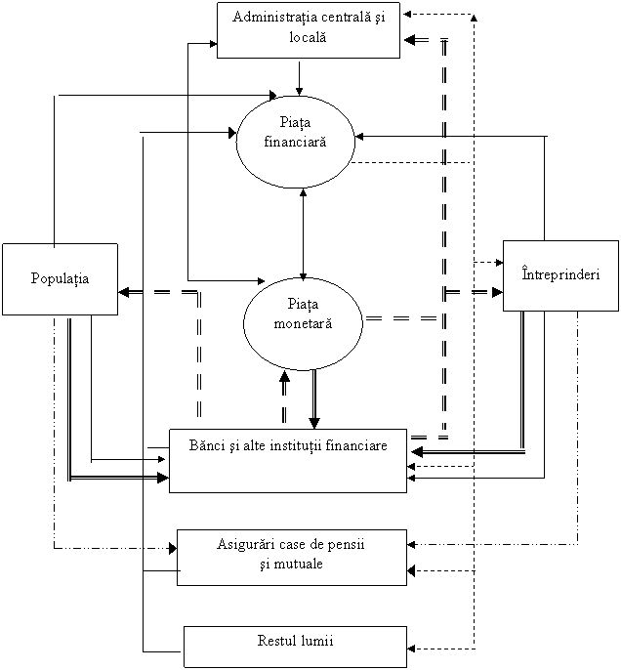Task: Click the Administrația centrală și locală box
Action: [x=309, y=29]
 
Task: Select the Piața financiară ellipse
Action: [x=295, y=142]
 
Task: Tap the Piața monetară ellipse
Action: [x=303, y=322]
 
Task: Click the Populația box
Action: [x=60, y=279]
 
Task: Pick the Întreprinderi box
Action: [x=560, y=275]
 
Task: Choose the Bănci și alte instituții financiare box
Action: [x=288, y=460]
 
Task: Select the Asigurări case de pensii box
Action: [x=292, y=558]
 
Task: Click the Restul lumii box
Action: [x=295, y=647]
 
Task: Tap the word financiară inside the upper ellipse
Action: [x=295, y=141]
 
